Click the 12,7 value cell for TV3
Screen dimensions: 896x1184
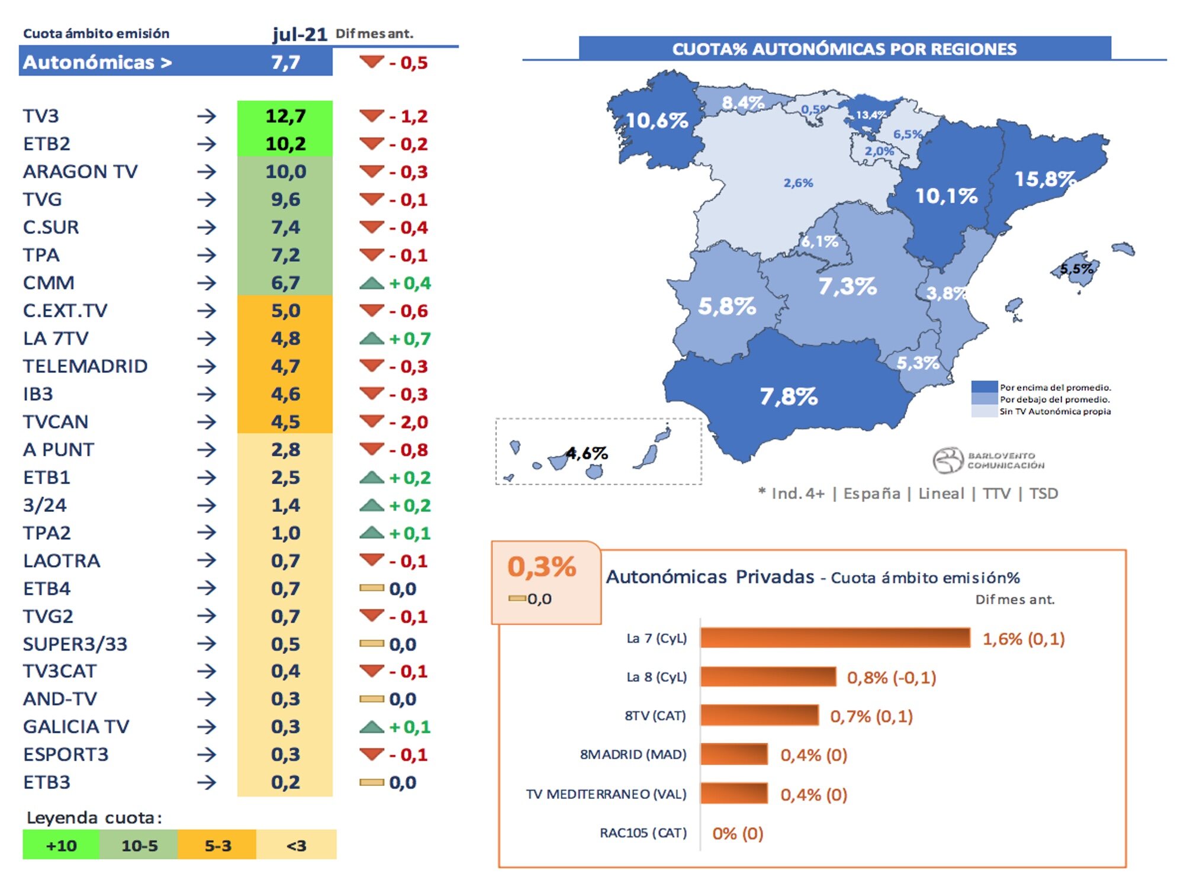pyautogui.click(x=285, y=116)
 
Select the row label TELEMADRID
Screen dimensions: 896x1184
pyautogui.click(x=85, y=366)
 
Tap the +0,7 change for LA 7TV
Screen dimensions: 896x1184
pyautogui.click(x=410, y=339)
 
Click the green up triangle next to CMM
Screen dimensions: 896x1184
pyautogui.click(x=372, y=283)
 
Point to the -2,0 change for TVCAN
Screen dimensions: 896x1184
pyautogui.click(x=408, y=423)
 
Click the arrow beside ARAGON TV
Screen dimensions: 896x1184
pyautogui.click(x=207, y=172)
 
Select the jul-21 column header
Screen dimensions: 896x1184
pyautogui.click(x=300, y=34)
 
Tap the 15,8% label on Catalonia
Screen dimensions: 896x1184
pyautogui.click(x=1044, y=179)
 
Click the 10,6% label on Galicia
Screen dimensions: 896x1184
pyautogui.click(x=657, y=121)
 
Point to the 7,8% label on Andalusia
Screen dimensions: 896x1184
pyautogui.click(x=788, y=397)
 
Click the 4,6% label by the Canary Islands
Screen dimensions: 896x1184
pyautogui.click(x=586, y=453)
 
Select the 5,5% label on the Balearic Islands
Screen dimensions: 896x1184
pyautogui.click(x=1076, y=269)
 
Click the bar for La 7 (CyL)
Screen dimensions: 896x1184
pyautogui.click(x=835, y=638)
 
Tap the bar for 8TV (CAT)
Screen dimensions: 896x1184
pyautogui.click(x=759, y=715)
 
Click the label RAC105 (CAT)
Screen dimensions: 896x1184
pyautogui.click(x=643, y=833)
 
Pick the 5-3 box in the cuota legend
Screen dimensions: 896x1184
pyautogui.click(x=217, y=845)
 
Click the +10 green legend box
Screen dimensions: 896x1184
pyautogui.click(x=61, y=845)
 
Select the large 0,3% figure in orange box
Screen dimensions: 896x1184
pyautogui.click(x=542, y=567)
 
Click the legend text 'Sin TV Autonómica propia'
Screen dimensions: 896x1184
pyautogui.click(x=1054, y=411)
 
